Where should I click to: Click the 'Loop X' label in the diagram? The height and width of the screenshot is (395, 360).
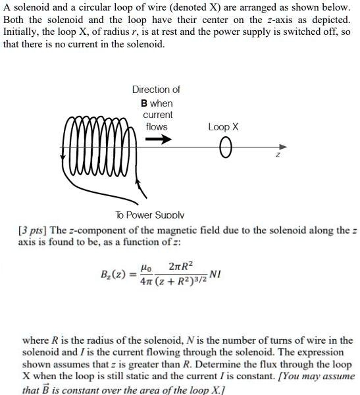[223, 126]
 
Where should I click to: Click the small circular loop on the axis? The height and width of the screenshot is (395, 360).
[226, 147]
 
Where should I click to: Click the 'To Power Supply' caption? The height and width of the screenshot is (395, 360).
[150, 215]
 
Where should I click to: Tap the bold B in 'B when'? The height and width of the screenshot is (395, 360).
[144, 103]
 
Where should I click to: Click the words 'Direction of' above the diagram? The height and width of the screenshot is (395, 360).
[156, 90]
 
